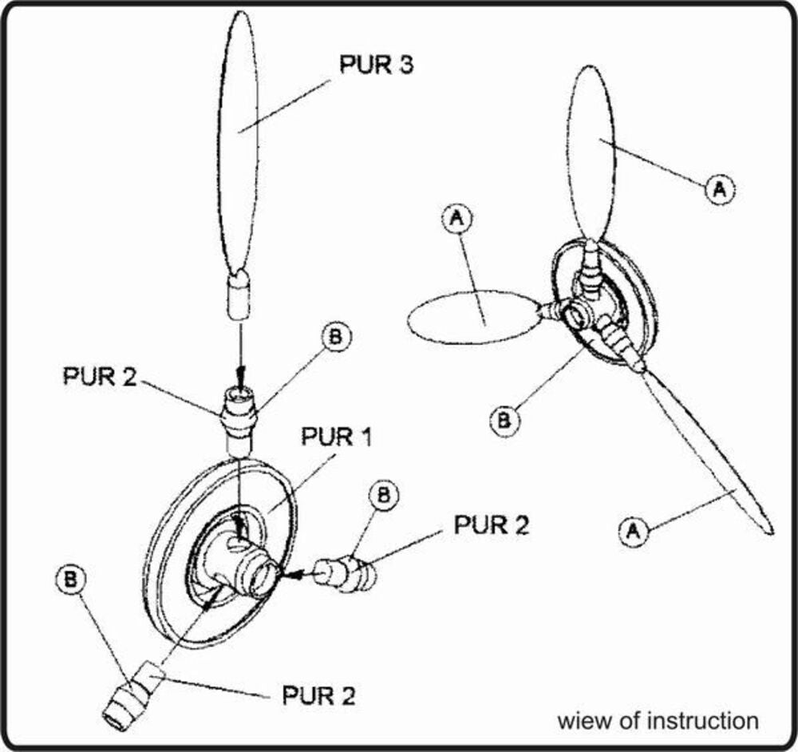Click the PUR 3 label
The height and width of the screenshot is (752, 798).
pyautogui.click(x=376, y=65)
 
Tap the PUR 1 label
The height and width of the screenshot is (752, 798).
pyautogui.click(x=338, y=437)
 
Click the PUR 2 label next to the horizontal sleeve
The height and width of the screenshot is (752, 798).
pyautogui.click(x=491, y=525)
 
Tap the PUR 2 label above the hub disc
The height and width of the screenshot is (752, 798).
pyautogui.click(x=100, y=376)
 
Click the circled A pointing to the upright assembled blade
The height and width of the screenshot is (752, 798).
pyautogui.click(x=717, y=189)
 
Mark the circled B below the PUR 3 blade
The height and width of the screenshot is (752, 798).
pyautogui.click(x=335, y=337)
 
